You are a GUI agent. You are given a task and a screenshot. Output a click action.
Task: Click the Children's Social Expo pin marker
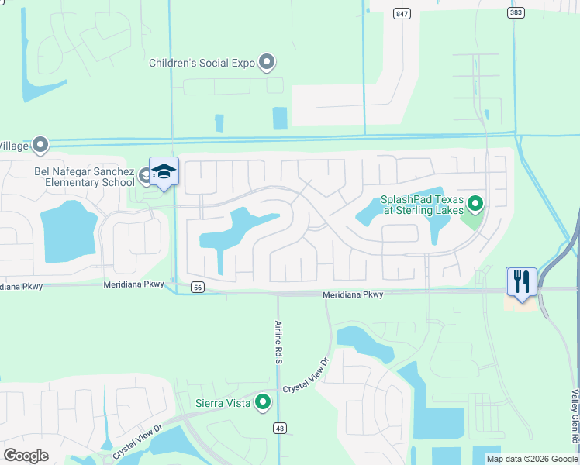[268, 62]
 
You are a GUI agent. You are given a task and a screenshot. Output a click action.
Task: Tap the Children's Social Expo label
[203, 63]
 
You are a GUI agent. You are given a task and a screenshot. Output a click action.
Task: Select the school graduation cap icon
[164, 170]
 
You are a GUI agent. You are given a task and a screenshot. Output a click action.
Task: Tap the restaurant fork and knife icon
[521, 281]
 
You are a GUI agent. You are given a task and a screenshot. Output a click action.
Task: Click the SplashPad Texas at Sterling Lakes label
[422, 205]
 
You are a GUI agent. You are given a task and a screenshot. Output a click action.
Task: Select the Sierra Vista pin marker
[263, 402]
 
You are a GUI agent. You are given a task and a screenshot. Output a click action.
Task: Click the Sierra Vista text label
[222, 403]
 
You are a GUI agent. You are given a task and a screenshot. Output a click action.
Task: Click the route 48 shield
[278, 428]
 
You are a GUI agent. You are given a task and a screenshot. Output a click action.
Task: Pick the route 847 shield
[401, 13]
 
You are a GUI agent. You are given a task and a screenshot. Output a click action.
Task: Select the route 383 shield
[516, 13]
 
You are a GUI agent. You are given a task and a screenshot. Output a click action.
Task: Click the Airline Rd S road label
[278, 342]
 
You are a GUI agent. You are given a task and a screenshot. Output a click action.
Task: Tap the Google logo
[26, 456]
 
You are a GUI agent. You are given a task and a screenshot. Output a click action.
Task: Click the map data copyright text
[531, 459]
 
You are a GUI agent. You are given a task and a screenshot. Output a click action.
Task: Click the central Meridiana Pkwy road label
[353, 294]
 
